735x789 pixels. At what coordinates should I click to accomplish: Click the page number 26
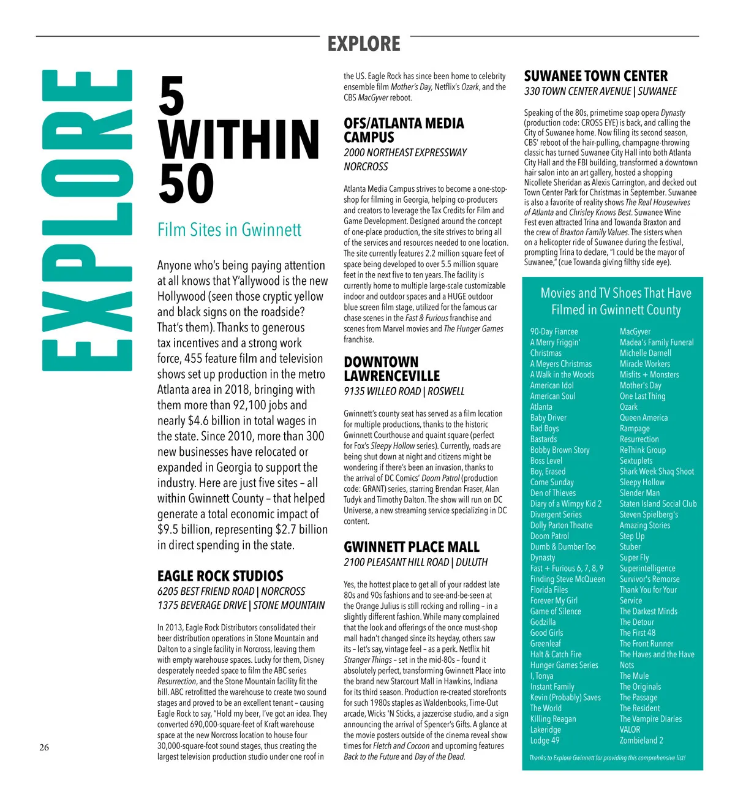44,747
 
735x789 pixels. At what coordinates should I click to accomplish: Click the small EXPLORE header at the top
364,44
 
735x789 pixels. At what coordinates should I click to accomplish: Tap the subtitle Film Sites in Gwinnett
229,230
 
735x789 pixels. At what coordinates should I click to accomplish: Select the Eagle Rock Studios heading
221,576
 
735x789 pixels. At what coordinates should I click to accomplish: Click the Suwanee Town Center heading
595,76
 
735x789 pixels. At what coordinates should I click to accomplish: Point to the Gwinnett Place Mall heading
412,547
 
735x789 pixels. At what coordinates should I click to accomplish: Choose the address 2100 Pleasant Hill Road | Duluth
415,562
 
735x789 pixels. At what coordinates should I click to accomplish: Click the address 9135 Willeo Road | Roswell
404,391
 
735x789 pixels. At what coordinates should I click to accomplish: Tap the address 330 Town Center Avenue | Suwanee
600,92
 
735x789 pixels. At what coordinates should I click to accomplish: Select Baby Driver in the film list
548,418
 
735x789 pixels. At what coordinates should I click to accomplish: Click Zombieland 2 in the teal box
641,740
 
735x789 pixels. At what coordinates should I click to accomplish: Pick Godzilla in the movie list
543,622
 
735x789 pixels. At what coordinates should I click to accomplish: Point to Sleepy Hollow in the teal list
642,482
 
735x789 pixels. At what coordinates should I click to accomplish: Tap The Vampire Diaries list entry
650,719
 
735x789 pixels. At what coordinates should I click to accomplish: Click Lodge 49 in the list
545,740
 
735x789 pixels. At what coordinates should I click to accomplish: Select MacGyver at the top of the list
635,331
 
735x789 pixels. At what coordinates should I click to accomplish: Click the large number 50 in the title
186,184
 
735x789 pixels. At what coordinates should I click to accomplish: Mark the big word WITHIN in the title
239,140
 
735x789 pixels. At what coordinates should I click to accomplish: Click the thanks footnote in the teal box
607,758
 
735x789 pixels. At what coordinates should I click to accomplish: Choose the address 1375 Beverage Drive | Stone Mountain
241,606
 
